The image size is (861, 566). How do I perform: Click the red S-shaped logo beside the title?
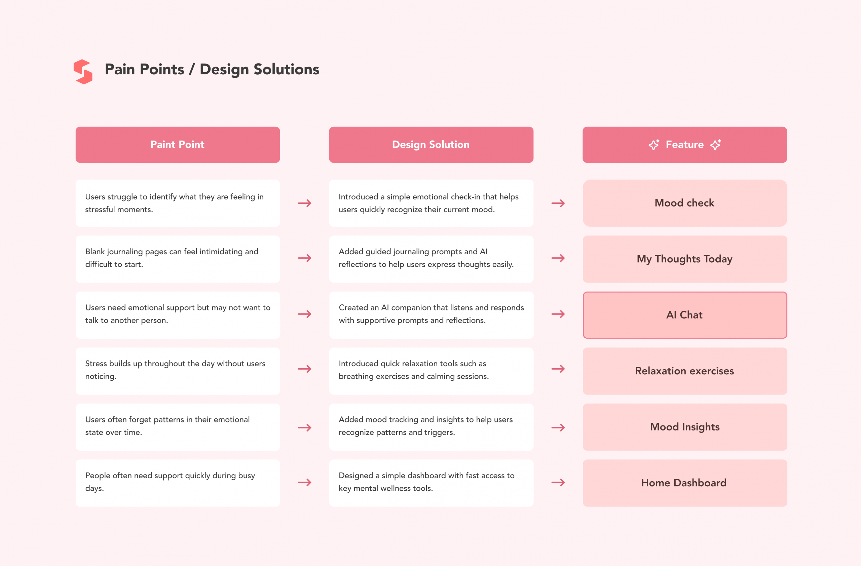pos(83,72)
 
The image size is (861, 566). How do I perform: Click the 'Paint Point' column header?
pos(178,145)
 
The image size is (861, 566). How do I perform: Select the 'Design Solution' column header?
pos(431,145)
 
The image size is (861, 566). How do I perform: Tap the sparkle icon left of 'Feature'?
pos(654,145)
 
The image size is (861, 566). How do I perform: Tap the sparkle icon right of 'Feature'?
pos(716,145)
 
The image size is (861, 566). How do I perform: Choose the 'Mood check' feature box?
pos(685,203)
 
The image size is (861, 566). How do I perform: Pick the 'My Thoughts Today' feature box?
pos(685,259)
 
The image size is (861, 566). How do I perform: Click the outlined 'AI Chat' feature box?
pos(685,315)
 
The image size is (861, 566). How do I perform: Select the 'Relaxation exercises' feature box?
pos(685,371)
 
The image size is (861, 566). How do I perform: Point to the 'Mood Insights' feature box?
pos(685,427)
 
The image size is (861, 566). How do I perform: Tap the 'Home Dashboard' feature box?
pos(685,483)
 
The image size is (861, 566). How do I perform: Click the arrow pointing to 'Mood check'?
pos(558,203)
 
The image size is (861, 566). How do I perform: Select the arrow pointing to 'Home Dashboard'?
pos(558,483)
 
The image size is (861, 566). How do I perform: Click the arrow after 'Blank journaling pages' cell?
pos(305,258)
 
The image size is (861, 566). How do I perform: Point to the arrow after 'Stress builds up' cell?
pos(305,369)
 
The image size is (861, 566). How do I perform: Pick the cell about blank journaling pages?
pos(178,259)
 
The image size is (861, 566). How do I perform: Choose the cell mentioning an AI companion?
pos(431,315)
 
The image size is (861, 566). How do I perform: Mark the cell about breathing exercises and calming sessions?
pos(431,371)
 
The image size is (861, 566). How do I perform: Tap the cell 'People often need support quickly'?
pos(178,483)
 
